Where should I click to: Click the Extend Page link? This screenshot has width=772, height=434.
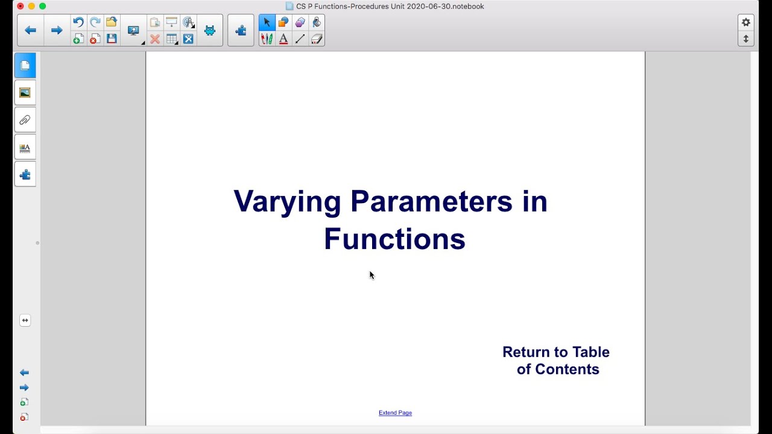click(x=395, y=413)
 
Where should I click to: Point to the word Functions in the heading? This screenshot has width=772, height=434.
click(x=394, y=239)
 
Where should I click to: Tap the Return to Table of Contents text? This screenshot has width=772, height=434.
click(x=556, y=360)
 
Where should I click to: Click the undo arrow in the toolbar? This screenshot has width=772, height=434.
click(x=78, y=22)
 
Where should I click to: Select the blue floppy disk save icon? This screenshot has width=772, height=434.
click(x=112, y=39)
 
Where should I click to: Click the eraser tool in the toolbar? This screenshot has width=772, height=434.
click(x=317, y=39)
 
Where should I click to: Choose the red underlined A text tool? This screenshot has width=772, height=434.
click(x=283, y=39)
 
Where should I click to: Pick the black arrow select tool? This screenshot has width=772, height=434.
click(x=267, y=22)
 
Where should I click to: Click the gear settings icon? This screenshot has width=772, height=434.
click(x=746, y=22)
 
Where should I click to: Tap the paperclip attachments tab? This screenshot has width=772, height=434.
click(x=25, y=120)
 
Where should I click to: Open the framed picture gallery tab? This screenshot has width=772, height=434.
click(x=25, y=93)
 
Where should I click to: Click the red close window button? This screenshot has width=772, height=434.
click(x=20, y=6)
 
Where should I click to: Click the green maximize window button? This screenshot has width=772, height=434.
click(x=42, y=6)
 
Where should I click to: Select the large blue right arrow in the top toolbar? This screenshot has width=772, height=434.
click(x=57, y=30)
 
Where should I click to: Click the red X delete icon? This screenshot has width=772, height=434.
click(x=155, y=39)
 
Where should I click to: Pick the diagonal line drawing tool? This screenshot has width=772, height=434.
click(x=300, y=39)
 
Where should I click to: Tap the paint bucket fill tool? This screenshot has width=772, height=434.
click(x=317, y=22)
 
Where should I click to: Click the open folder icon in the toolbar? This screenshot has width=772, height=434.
click(x=112, y=22)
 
